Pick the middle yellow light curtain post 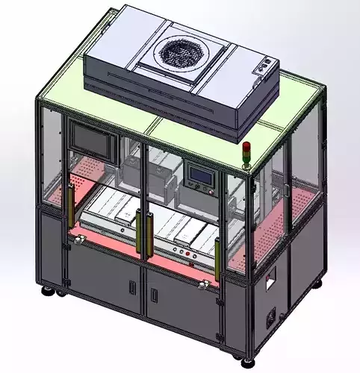pyautogui.click(x=138, y=228)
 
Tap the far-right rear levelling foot pyautogui.click(x=321, y=284)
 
